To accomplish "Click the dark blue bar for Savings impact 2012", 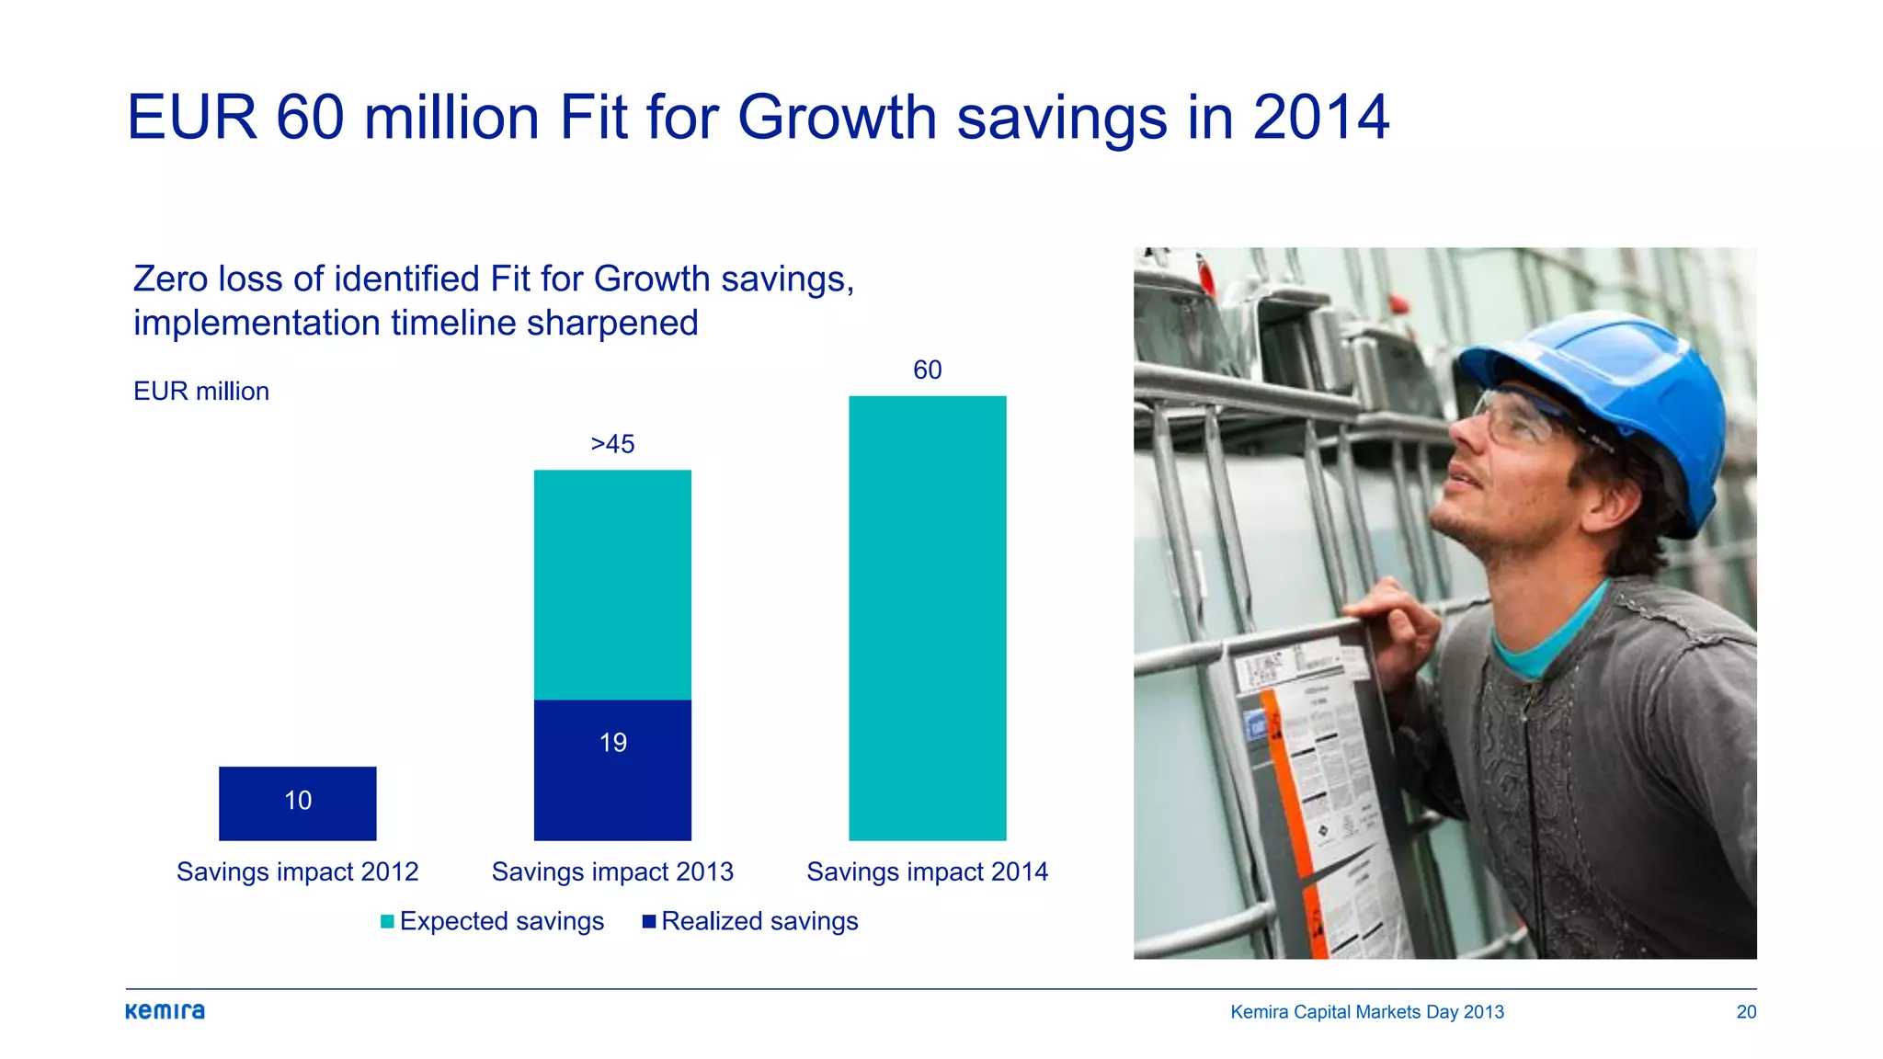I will pos(297,803).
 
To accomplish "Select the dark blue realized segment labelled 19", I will pos(612,770).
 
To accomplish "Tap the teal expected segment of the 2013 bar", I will pos(612,585).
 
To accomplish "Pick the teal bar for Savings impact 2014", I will pos(927,618).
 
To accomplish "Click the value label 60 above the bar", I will pos(927,370).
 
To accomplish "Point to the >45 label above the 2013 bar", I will pos(612,444).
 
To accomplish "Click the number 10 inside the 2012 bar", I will pos(297,801).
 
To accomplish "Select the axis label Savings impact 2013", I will pos(612,871).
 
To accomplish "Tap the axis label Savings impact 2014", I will pos(927,871).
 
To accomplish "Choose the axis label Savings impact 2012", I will pos(297,871).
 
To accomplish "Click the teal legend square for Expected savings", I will pos(387,921).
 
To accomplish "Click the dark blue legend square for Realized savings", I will pos(649,921).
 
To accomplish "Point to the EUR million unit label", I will pos(201,392).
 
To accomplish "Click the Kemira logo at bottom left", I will pos(165,1011).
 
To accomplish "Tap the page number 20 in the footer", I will pos(1746,1012).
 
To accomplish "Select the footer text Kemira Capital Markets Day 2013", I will pos(1367,1012).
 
